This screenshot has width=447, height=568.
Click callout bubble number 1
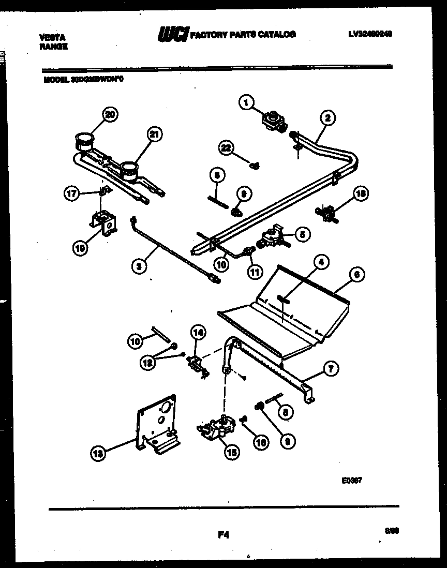[x=246, y=103]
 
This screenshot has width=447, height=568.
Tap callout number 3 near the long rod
[x=138, y=266]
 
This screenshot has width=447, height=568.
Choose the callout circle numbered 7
[x=331, y=368]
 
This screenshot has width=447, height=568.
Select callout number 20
[x=109, y=114]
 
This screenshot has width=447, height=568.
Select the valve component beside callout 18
[x=326, y=212]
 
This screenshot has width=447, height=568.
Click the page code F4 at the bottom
[x=224, y=536]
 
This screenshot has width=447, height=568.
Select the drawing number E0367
[x=351, y=480]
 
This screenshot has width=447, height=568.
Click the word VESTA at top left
[x=51, y=37]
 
